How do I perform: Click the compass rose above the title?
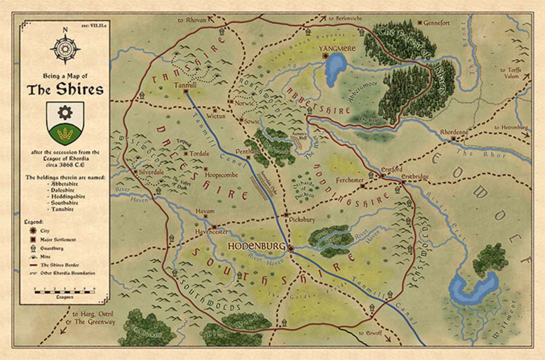pos(65,48)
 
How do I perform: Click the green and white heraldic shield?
pos(65,121)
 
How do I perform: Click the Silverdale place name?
pos(155,172)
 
